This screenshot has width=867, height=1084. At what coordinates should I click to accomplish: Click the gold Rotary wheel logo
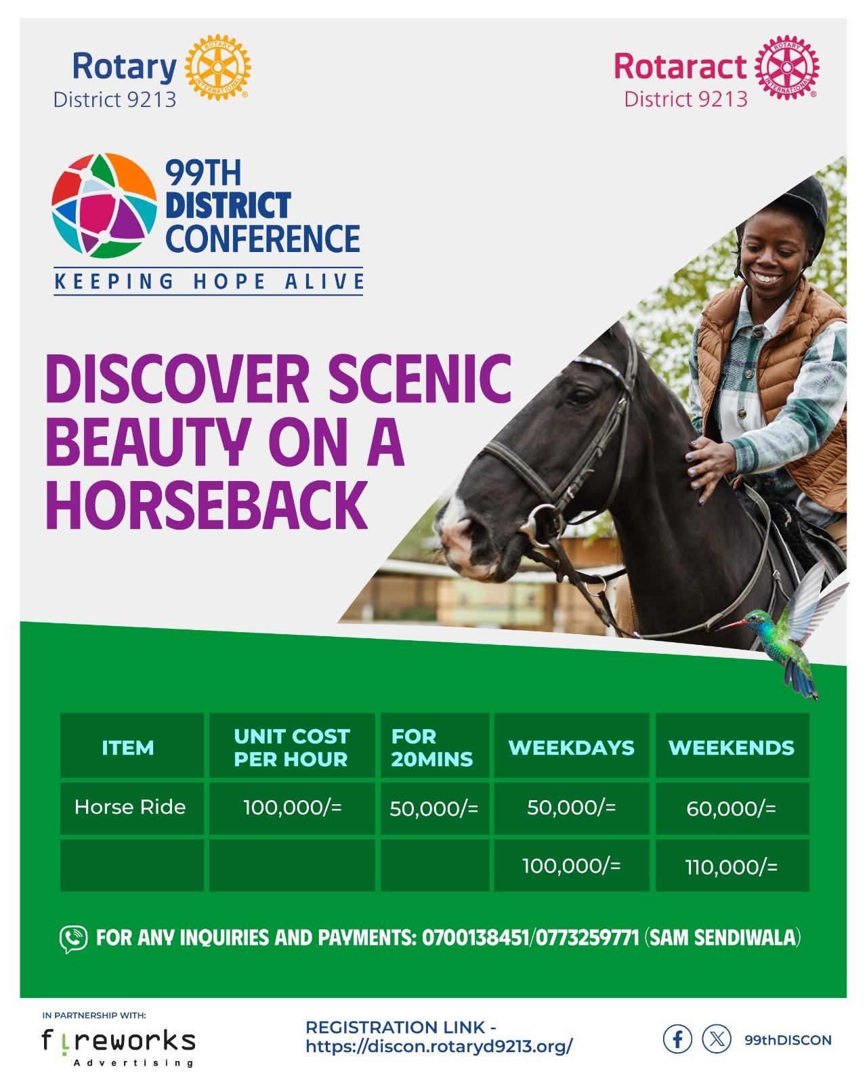tap(217, 68)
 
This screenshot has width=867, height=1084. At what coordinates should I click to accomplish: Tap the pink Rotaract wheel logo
tap(786, 68)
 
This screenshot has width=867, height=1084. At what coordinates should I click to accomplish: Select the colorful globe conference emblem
tap(104, 205)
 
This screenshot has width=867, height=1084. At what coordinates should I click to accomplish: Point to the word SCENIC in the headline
tap(420, 378)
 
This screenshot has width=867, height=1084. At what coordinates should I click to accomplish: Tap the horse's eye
tap(581, 396)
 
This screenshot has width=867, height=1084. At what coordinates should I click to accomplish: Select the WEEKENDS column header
tap(732, 747)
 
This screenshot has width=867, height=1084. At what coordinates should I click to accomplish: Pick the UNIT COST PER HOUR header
tap(292, 747)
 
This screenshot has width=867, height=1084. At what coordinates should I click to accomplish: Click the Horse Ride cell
tap(131, 807)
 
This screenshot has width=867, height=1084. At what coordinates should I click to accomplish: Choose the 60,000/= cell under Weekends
tap(731, 808)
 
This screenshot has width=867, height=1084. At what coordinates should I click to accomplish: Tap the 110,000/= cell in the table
tap(731, 867)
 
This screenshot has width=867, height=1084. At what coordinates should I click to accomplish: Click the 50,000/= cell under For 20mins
tap(433, 808)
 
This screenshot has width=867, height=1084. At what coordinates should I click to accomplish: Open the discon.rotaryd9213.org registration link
tap(440, 1046)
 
